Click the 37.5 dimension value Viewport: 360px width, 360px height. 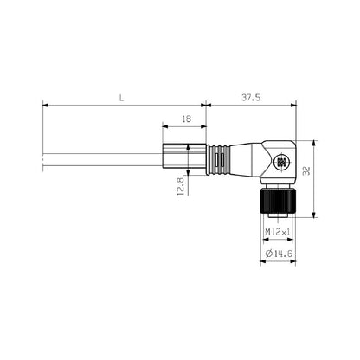[x=252, y=99]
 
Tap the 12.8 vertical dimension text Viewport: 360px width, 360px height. [x=179, y=186]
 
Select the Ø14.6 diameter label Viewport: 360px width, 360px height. [x=278, y=253]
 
